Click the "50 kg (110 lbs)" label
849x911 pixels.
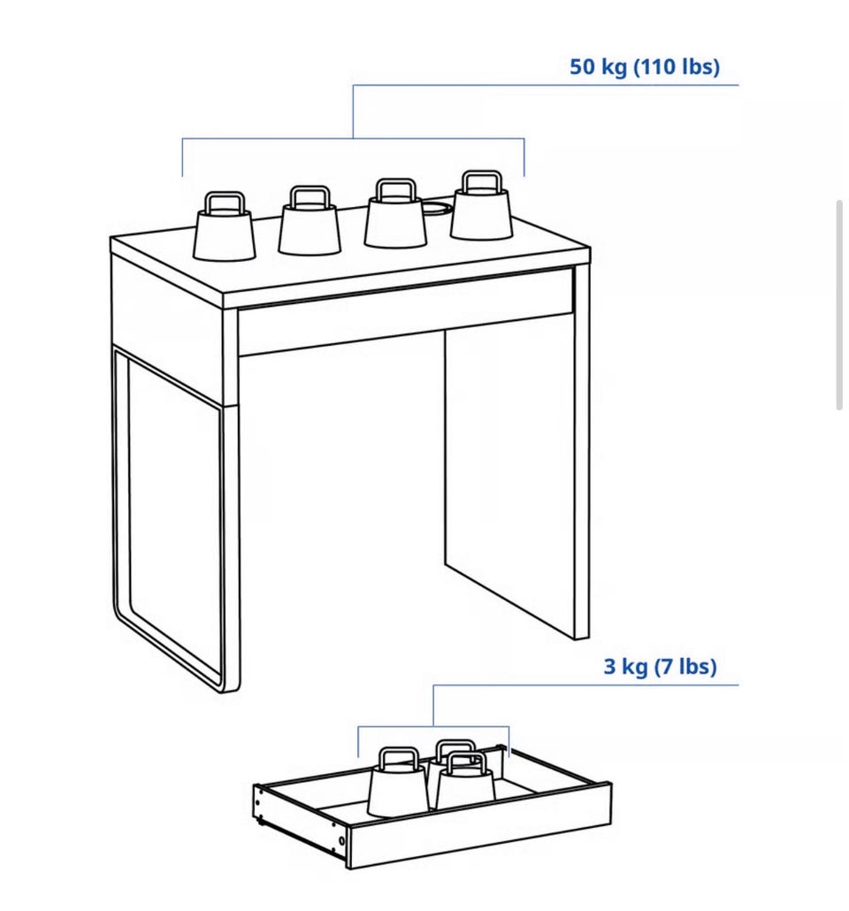(645, 67)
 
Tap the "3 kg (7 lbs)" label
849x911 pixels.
(660, 666)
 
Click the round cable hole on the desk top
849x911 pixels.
(436, 208)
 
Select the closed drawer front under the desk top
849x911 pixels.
(406, 311)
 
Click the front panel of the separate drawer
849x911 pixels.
(480, 825)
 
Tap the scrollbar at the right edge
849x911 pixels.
(839, 305)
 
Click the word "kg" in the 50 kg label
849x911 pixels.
(614, 68)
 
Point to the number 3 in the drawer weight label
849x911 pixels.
(609, 666)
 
